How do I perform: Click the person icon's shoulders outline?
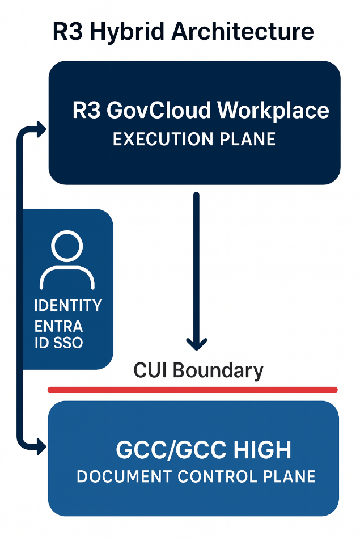pyautogui.click(x=67, y=278)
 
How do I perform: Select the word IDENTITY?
pyautogui.click(x=68, y=306)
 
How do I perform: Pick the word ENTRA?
pyautogui.click(x=58, y=327)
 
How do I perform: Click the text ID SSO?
pyautogui.click(x=58, y=343)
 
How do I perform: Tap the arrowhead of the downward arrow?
pyautogui.click(x=197, y=343)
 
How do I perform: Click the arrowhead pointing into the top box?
pyautogui.click(x=41, y=129)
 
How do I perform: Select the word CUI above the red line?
pyautogui.click(x=151, y=371)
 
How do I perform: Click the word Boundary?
pyautogui.click(x=218, y=371)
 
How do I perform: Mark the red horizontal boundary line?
pyautogui.click(x=193, y=390)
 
